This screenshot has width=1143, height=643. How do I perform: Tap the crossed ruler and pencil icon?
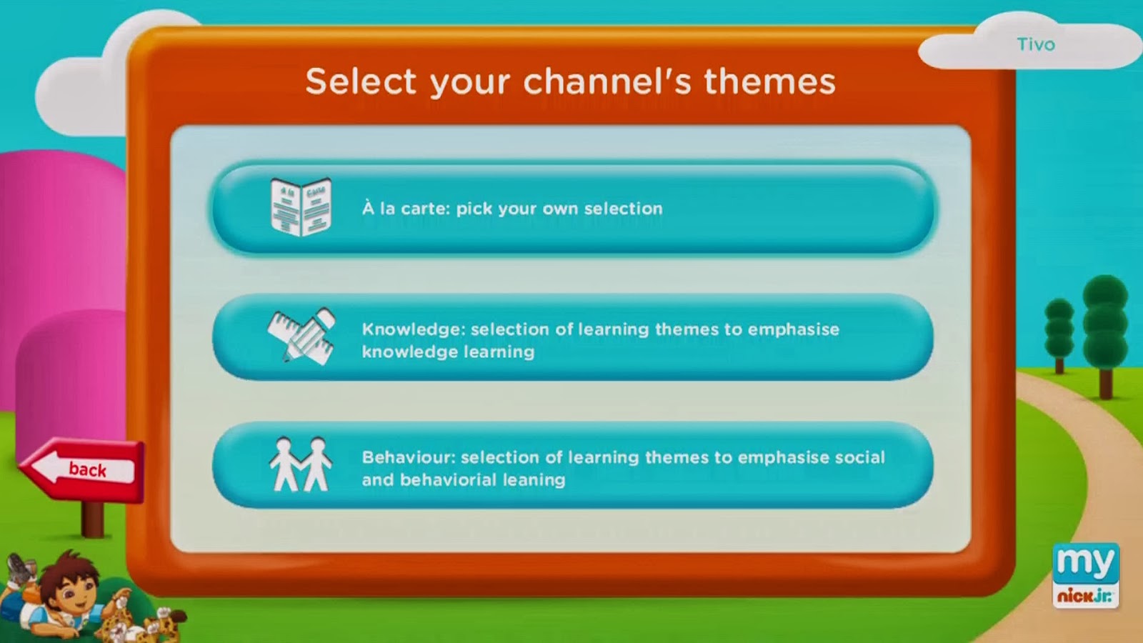(301, 337)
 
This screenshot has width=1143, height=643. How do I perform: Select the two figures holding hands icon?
(301, 464)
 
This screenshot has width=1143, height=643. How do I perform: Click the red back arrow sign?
(81, 469)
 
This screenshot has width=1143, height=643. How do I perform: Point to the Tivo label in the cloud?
(1036, 44)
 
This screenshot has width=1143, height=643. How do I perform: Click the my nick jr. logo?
(1086, 576)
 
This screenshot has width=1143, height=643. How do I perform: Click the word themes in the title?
(770, 81)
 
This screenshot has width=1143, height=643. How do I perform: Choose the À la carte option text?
(512, 209)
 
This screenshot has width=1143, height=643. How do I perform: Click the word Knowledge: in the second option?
(414, 329)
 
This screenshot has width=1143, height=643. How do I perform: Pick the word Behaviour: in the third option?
(409, 457)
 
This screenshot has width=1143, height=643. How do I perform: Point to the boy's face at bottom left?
(71, 592)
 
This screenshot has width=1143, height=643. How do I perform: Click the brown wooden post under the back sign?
(92, 519)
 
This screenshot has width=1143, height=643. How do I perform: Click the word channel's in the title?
(607, 81)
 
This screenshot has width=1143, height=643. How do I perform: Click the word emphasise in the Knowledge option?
(794, 329)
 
